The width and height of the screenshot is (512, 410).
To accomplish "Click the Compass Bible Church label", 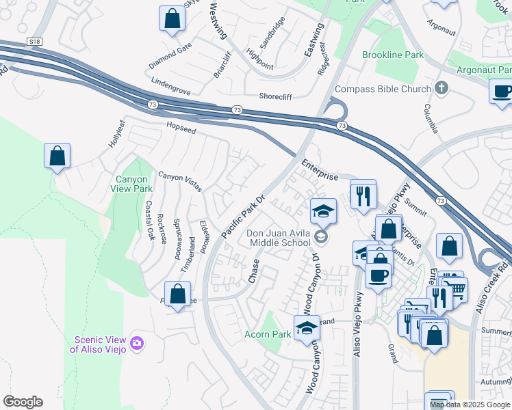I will pos(383,90).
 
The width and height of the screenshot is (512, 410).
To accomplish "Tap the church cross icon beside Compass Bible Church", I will pos(441,88).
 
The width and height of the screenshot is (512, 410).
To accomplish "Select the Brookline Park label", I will pos(393,54).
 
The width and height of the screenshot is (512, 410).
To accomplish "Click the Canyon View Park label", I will pos(133,184).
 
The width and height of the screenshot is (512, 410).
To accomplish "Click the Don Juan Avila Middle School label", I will pos(280,238).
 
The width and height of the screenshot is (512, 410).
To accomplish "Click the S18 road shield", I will pos(35,42).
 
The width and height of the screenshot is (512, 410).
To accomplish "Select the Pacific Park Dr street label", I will pos(243,217).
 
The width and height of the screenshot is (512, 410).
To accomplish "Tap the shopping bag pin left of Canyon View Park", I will pos(57,156).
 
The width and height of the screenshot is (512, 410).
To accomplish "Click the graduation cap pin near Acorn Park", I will pos(307,329).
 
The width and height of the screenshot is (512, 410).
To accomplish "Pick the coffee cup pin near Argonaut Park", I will pos(502,91).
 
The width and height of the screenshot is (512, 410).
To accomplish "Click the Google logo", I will pos(23,402).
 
